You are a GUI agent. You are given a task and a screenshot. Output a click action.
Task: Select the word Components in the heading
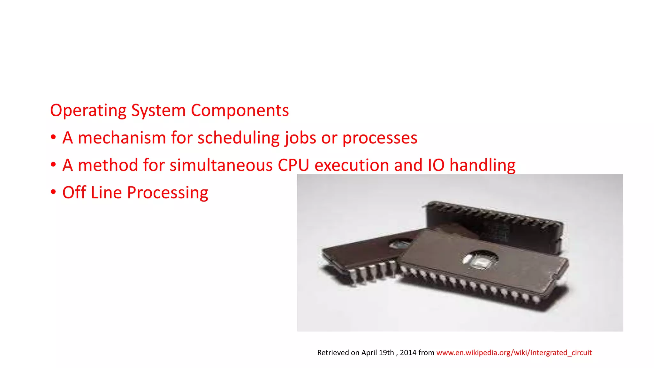click(x=240, y=111)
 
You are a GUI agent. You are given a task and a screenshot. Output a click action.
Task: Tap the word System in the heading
click(x=158, y=111)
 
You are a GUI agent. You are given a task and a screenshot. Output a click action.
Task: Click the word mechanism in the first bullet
click(x=122, y=138)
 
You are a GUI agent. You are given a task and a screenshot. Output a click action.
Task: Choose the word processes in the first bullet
click(x=380, y=138)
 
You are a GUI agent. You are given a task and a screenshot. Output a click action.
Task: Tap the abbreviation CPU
click(x=293, y=165)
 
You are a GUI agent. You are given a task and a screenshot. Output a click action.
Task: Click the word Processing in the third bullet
click(x=167, y=193)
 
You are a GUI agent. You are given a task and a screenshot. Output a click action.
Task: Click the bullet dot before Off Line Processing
click(x=53, y=192)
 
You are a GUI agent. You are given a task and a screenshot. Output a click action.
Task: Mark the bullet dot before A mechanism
click(x=53, y=137)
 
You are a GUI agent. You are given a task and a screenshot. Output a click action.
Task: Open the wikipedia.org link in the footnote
click(x=514, y=353)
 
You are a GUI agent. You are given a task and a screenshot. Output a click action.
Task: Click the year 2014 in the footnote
click(x=408, y=353)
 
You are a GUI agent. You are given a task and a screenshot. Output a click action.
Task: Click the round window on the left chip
click(x=400, y=244)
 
